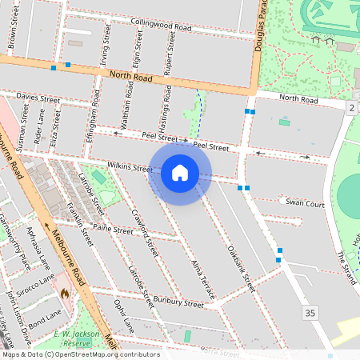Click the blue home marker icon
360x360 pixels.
[180, 172]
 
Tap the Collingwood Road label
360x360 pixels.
[161, 26]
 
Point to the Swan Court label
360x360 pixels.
[305, 204]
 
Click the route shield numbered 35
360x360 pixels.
[310, 312]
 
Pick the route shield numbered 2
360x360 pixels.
[351, 107]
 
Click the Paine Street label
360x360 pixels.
[113, 229]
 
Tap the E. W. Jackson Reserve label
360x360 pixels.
[76, 338]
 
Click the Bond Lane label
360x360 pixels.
[43, 314]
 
